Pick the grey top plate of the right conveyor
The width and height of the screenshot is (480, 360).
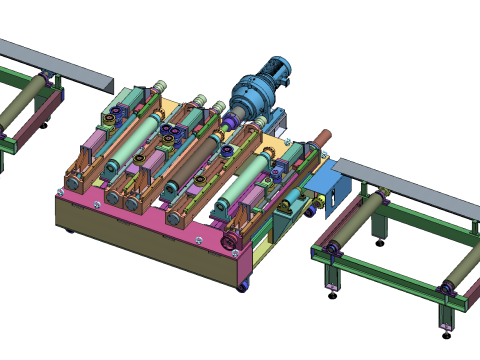click(410, 184)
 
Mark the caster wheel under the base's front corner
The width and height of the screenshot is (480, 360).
click(243, 289)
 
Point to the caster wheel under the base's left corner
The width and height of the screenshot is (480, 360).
click(69, 231)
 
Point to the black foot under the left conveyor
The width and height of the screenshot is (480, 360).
click(43, 125)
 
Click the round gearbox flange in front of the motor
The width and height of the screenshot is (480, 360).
click(243, 108)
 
